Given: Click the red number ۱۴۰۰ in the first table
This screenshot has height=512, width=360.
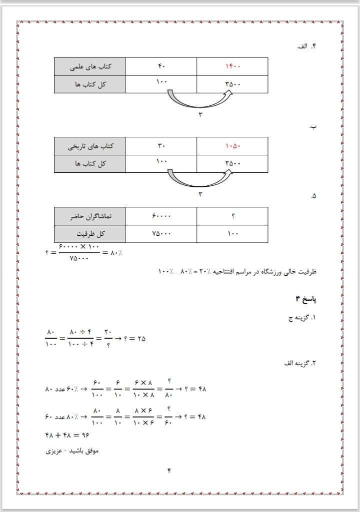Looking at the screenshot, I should coord(233,66).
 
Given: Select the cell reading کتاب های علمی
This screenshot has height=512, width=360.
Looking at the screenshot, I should coord(90,66).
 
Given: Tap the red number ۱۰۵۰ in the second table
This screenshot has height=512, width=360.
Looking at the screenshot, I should coord(233,146).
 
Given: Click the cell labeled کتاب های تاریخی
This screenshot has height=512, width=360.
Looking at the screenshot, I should coord(90,146).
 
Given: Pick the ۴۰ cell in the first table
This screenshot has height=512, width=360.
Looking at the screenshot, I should coord(161,66).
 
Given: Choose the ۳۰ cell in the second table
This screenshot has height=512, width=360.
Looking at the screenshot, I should coord(161,146).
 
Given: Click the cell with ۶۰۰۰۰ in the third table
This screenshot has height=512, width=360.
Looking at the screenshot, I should coord(161,216).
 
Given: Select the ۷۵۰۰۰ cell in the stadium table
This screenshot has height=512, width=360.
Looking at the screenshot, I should coord(161,233).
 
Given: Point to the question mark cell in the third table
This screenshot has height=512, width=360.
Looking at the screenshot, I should coord(233,216).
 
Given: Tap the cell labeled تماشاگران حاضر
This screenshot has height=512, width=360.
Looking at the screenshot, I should coord(90,216).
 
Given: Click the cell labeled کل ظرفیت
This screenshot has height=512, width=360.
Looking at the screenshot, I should coord(90,233).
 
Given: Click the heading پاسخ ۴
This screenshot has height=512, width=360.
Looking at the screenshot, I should coord(306,299).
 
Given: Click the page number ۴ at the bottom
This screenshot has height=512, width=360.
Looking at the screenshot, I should coord(169,470).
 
